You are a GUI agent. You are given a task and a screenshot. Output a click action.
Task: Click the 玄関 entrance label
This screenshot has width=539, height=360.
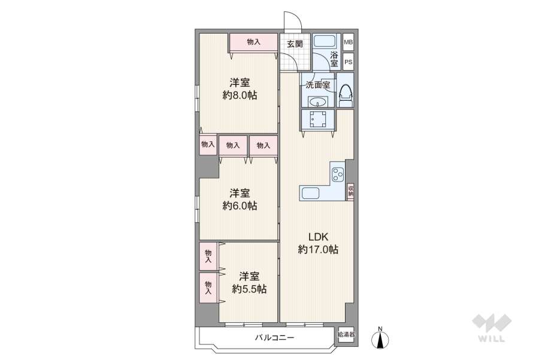tap(294, 43)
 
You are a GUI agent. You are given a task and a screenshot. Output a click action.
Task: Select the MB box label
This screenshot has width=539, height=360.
tap(348, 43)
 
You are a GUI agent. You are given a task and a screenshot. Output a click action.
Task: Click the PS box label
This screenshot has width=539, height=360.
tap(348, 61)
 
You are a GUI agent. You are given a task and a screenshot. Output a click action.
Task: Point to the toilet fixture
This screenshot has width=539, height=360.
tap(346, 96)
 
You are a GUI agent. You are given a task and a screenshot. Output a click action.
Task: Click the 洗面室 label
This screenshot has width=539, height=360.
tap(317, 84)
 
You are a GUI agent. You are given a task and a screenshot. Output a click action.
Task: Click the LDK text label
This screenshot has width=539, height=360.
tap(317, 235)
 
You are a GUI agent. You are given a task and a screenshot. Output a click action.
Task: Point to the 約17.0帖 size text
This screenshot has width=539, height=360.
tap(318, 249)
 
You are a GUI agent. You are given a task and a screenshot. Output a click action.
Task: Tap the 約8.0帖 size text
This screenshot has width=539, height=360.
tap(240, 95)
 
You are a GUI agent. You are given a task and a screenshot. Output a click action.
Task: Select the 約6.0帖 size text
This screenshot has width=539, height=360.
tap(240, 205)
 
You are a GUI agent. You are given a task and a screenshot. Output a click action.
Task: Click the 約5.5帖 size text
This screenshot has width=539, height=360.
tap(249, 289)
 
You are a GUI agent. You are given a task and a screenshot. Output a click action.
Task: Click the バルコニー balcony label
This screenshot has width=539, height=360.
tap(274, 338)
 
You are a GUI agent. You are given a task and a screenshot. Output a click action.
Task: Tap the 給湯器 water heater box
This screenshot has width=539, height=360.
tap(346, 334)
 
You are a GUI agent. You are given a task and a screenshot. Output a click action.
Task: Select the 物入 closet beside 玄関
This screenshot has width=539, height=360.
tap(254, 42)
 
